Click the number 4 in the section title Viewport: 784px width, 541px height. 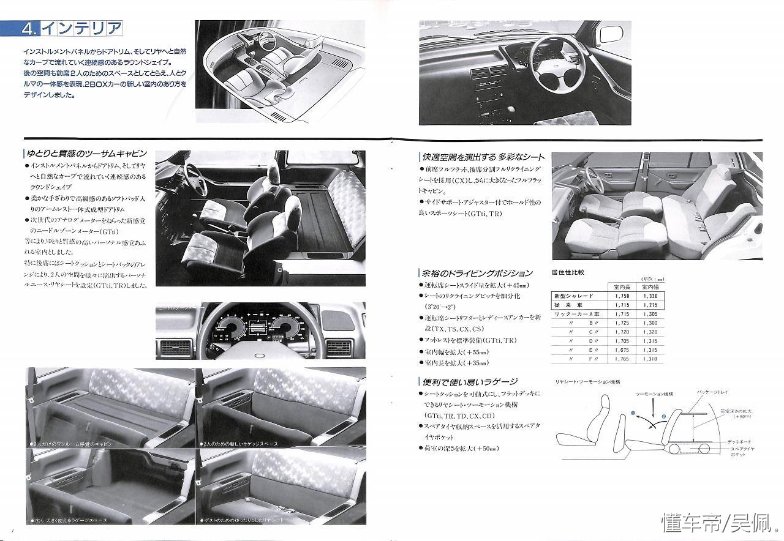(29, 28)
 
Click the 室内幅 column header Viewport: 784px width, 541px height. (650, 286)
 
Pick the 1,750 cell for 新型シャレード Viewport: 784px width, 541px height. (620, 296)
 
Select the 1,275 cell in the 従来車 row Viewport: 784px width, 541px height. (650, 305)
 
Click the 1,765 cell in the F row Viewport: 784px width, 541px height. (620, 359)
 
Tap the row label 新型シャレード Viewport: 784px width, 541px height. (573, 296)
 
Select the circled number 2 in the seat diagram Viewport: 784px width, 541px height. (663, 417)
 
